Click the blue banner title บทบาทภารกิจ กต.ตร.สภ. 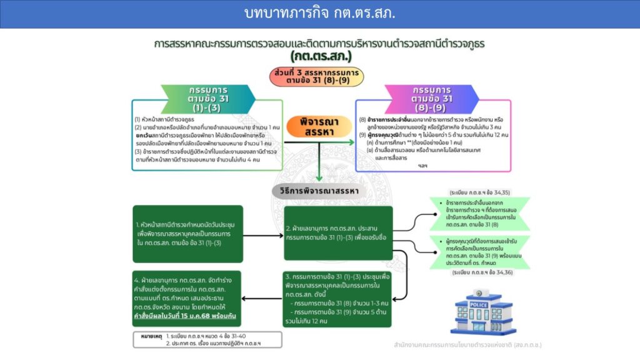point(319,14)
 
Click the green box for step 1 point(187,232)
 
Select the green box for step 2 point(338,232)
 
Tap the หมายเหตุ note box point(207,339)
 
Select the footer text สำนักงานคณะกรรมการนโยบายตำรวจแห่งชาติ point(467,344)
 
